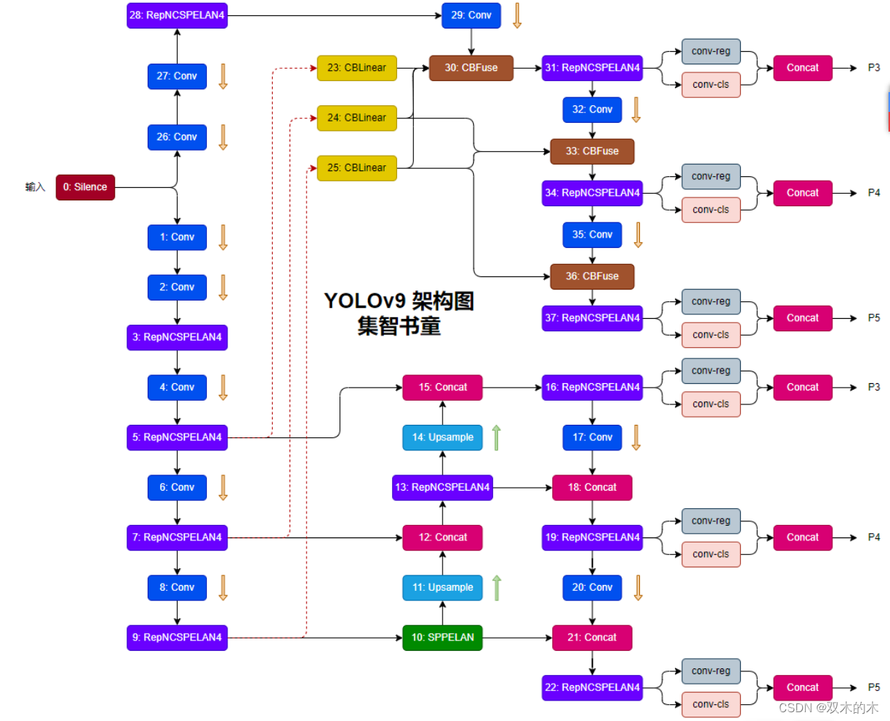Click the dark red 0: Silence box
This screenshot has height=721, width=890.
tap(85, 187)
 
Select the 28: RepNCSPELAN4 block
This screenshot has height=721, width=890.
tap(177, 15)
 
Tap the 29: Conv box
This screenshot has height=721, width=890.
tap(471, 15)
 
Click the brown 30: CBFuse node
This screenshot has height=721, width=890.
tap(471, 68)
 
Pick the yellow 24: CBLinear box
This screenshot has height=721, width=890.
tap(357, 118)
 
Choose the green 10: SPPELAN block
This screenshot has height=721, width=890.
tap(442, 638)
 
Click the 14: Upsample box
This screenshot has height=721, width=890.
tap(442, 437)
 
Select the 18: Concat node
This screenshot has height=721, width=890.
tap(592, 488)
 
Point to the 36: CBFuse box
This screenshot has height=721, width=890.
tap(592, 276)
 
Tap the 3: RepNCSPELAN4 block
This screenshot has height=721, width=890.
tap(177, 337)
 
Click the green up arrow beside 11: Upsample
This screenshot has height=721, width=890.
tap(497, 587)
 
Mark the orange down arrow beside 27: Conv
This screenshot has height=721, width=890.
tap(223, 76)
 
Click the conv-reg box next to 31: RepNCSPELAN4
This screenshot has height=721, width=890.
tap(711, 51)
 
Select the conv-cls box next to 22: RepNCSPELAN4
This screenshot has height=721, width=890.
tap(711, 704)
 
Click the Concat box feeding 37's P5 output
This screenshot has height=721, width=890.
tap(802, 318)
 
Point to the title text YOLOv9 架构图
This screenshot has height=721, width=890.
tap(399, 301)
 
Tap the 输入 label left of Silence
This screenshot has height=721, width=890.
tap(35, 187)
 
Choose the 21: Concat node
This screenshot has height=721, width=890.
tap(592, 638)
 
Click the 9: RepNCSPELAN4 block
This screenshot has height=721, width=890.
tap(177, 638)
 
